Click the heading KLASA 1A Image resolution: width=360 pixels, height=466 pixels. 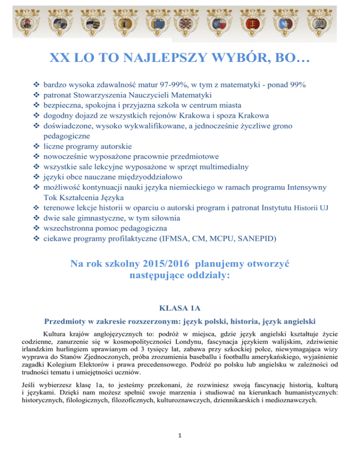click(180, 309)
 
